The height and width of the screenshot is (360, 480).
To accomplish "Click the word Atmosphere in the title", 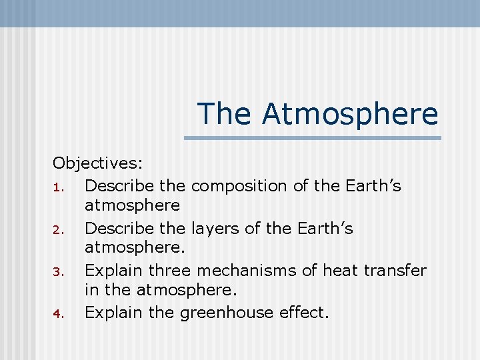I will [350, 113].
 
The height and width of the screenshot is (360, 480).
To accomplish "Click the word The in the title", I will [225, 113].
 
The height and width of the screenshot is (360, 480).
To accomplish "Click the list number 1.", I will [58, 187].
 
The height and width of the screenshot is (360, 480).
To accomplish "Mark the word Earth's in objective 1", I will [373, 186].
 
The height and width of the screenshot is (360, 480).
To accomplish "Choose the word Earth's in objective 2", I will [326, 229].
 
